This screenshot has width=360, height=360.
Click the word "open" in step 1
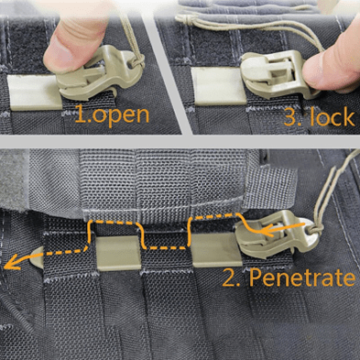121,115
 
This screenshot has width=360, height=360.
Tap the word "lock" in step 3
332,117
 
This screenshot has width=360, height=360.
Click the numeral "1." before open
83,114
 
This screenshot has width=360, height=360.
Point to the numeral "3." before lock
292,117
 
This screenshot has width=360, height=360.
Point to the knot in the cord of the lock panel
187,17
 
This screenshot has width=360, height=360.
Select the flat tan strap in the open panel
34,93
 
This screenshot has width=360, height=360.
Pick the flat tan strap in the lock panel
217,86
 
